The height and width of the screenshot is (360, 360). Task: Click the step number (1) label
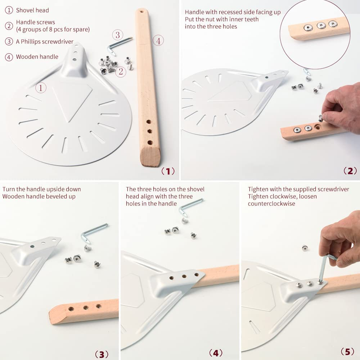point(168,171)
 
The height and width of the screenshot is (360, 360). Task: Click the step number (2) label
point(350,171)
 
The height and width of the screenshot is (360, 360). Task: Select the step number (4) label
point(215,353)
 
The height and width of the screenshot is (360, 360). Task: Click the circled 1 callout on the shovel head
point(41,87)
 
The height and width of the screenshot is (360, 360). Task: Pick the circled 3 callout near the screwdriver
point(118,35)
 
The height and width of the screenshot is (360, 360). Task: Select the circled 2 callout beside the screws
point(121,72)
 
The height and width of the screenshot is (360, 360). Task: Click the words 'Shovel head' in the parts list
point(32,10)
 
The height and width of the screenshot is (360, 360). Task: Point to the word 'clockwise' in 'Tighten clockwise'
point(281,196)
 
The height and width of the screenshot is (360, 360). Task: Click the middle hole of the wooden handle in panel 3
point(86,307)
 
